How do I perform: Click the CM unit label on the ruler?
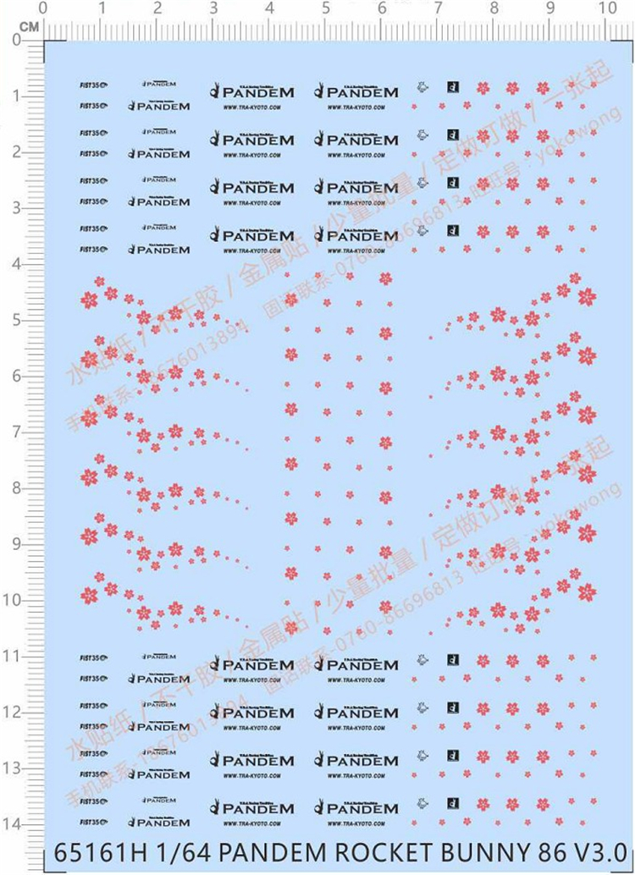click(x=29, y=26)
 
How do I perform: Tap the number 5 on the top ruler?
click(x=326, y=9)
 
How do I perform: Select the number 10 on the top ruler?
click(x=606, y=9)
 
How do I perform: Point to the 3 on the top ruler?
click(x=213, y=9)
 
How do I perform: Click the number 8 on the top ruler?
click(x=494, y=9)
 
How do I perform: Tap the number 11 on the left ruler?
click(x=13, y=656)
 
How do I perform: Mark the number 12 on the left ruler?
click(x=13, y=713)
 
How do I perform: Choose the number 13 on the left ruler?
click(x=13, y=768)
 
